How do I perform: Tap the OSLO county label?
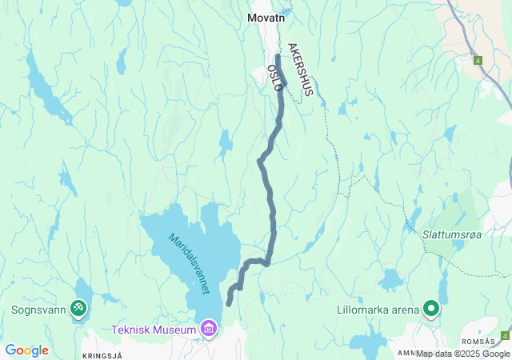coord(274,78)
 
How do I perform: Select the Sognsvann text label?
coord(38,309)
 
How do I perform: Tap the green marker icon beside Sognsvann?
coord(78,308)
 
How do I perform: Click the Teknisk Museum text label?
coord(154,330)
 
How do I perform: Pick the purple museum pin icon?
coord(210,328)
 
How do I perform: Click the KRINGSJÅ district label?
coord(102,354)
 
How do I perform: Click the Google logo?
coord(26,350)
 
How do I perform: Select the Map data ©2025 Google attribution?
coord(462,354)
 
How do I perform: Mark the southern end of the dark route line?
coord(229,303)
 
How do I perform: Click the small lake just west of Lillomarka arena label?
coord(392,280)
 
